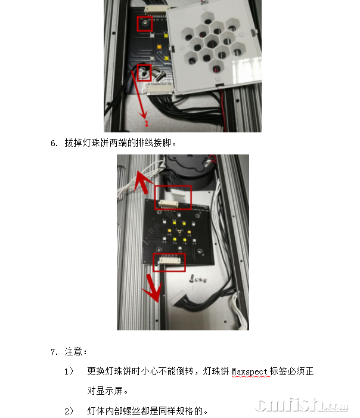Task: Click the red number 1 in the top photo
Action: pyautogui.click(x=147, y=123)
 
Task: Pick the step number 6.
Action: pyautogui.click(x=54, y=144)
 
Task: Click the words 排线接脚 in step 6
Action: pyautogui.click(x=153, y=143)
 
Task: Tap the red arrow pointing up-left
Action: pyautogui.click(x=142, y=182)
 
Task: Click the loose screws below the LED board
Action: pyautogui.click(x=198, y=280)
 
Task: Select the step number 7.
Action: pyautogui.click(x=54, y=352)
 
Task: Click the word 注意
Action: pyautogui.click(x=73, y=352)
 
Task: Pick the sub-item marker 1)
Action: pyautogui.click(x=69, y=371)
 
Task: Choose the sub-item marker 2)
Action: pyautogui.click(x=69, y=411)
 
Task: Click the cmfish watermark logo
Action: pyautogui.click(x=302, y=405)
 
